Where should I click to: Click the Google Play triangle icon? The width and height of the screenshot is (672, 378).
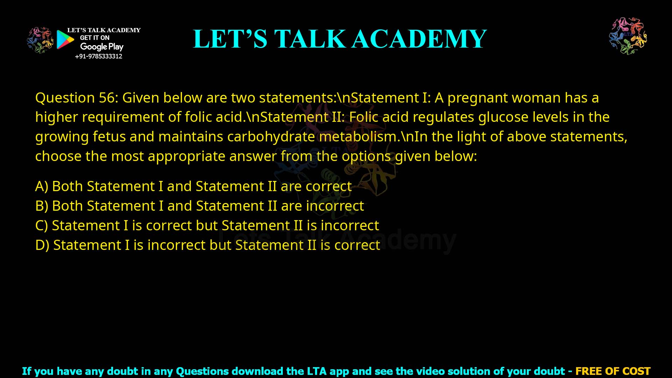coord(65,40)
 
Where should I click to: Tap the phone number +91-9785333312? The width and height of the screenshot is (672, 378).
coord(99,56)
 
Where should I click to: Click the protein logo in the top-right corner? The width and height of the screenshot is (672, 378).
coord(628,36)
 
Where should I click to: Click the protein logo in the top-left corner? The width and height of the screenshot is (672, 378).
coord(40,40)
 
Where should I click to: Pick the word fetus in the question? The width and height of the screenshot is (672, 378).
coord(109,136)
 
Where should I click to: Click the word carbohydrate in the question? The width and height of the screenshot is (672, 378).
coord(271,136)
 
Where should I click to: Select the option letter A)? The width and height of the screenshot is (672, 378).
coord(42,187)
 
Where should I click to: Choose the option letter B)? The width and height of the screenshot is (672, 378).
coord(42,206)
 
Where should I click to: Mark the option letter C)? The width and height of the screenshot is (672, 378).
coord(42,226)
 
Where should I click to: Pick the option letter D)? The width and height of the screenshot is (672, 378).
coord(42,245)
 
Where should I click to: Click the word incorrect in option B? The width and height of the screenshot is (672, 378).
coord(335,206)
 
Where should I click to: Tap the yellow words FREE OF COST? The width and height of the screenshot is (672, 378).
coord(613,371)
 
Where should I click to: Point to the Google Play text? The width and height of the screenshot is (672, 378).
coord(102,47)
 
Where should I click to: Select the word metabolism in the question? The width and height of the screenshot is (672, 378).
coord(359,136)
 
